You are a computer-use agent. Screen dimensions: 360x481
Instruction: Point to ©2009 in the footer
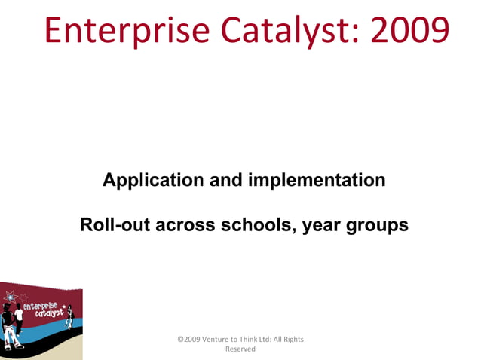[189, 340]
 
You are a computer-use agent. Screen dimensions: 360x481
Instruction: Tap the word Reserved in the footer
[240, 349]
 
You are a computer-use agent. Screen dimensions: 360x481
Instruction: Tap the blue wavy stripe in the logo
[45, 332]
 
